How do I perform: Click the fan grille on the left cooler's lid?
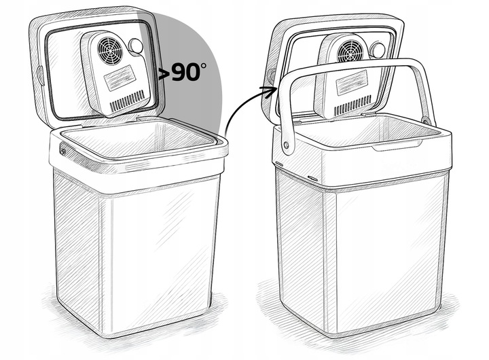[x=110, y=51]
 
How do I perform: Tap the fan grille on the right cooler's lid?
[x=350, y=52]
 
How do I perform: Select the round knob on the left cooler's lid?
[x=136, y=46]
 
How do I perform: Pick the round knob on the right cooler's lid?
[x=377, y=50]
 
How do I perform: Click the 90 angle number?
[x=185, y=73]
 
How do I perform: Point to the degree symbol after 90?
[x=203, y=66]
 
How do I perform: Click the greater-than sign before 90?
[x=164, y=74]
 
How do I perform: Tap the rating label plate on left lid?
[x=120, y=78]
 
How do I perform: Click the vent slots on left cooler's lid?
[x=128, y=101]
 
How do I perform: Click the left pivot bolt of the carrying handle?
[x=286, y=145]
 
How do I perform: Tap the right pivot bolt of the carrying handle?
[x=425, y=120]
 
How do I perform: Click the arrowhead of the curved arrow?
[x=270, y=91]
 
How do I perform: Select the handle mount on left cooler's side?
[x=63, y=150]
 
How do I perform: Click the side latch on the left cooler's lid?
[x=41, y=75]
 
